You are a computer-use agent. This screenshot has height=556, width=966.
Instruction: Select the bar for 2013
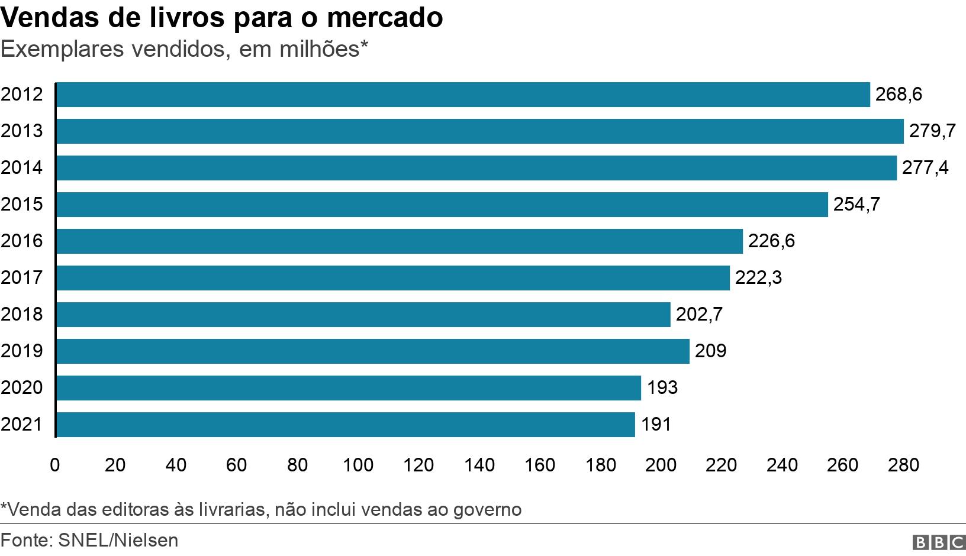(x=479, y=131)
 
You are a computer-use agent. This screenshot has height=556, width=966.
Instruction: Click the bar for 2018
(x=363, y=315)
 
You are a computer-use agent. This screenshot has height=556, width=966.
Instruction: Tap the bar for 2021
(x=345, y=425)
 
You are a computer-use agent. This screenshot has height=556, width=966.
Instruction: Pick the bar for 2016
(x=399, y=241)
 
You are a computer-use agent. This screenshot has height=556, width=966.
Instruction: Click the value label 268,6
(x=898, y=95)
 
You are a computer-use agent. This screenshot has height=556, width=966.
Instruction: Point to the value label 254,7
(x=856, y=205)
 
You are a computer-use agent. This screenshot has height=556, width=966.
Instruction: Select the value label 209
(x=710, y=351)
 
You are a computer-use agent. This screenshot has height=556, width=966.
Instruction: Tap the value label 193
(x=662, y=388)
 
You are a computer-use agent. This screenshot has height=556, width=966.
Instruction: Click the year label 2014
(x=22, y=168)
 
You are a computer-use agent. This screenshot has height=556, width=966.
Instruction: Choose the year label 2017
(x=22, y=278)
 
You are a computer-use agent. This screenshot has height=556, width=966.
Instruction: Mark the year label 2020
(x=22, y=388)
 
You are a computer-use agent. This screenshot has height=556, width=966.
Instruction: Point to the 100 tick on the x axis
(x=358, y=466)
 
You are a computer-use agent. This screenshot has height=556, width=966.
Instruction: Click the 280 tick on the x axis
(x=903, y=466)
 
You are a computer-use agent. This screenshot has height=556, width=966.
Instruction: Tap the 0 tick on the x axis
(x=55, y=466)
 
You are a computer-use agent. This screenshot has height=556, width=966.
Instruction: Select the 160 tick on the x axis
(x=540, y=466)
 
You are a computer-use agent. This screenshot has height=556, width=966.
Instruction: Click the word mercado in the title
(x=384, y=18)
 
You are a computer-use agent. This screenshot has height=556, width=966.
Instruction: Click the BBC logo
(x=939, y=542)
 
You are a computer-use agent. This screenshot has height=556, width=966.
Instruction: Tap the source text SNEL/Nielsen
(x=118, y=541)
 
